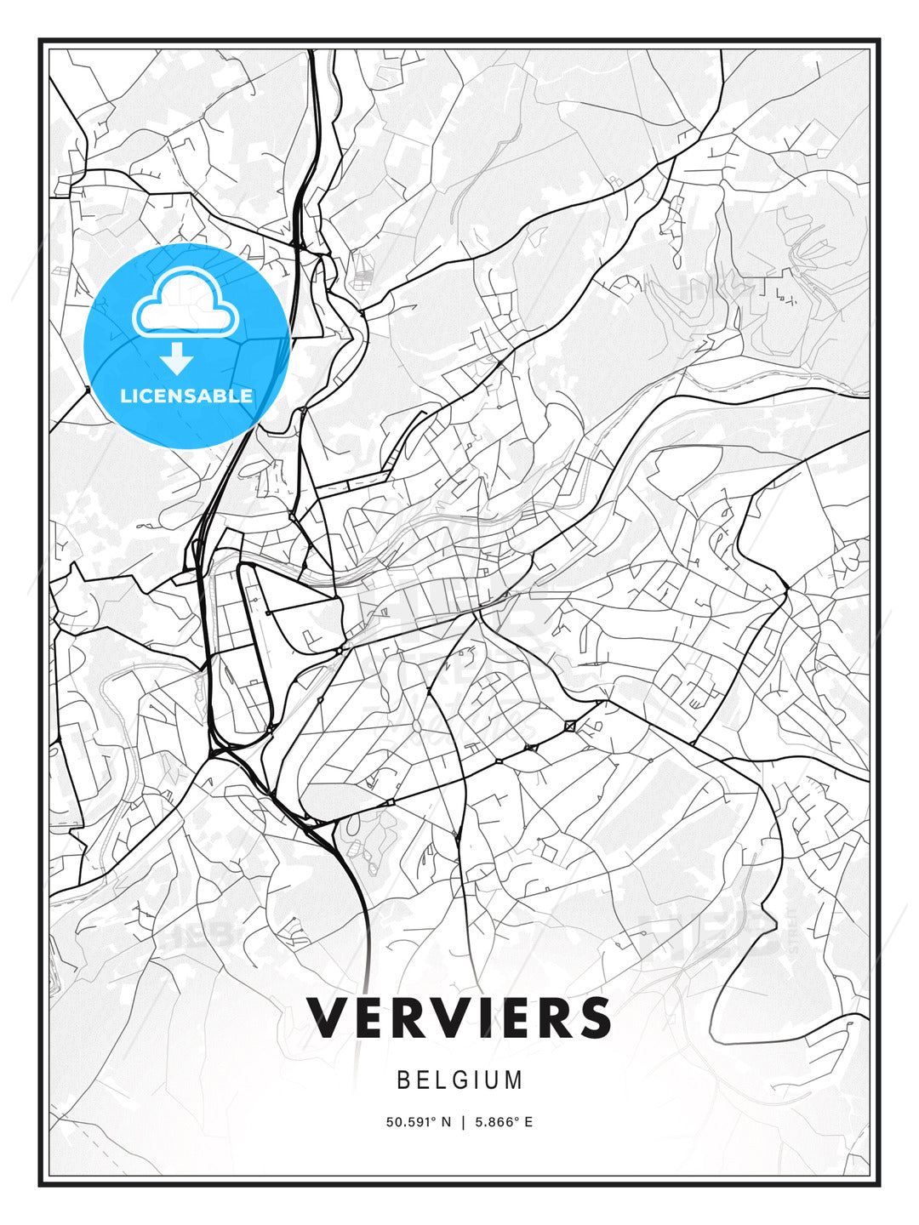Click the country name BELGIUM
pos(459,1080)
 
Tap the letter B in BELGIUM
pos(403,1080)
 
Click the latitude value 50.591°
pos(410,1122)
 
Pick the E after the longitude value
pos(528,1122)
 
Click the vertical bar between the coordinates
pos(463,1122)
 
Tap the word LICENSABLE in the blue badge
pos(186,396)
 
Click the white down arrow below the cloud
pos(178,359)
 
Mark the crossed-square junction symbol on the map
pos(569,726)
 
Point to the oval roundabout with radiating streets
pos(418,725)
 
